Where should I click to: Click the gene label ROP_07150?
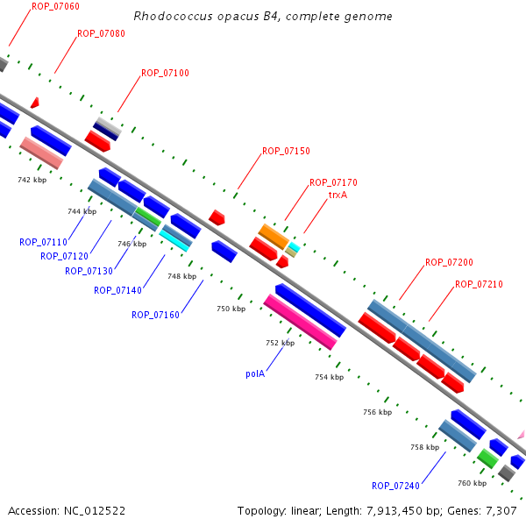(286, 151)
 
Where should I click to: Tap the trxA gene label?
(338, 195)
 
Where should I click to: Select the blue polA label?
(255, 373)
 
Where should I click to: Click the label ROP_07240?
(395, 486)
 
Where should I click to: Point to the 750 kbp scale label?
(231, 309)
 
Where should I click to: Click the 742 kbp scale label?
(32, 180)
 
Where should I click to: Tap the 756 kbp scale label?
(377, 411)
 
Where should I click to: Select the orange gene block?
(274, 236)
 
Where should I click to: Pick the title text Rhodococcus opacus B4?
(263, 17)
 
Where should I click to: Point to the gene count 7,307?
(501, 510)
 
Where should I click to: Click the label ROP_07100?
(165, 73)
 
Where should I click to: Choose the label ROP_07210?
(479, 284)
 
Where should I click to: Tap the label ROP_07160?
(155, 315)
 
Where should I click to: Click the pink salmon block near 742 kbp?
(41, 153)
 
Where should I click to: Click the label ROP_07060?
(55, 6)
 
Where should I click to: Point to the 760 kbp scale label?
(472, 484)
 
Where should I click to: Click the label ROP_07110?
(43, 242)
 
